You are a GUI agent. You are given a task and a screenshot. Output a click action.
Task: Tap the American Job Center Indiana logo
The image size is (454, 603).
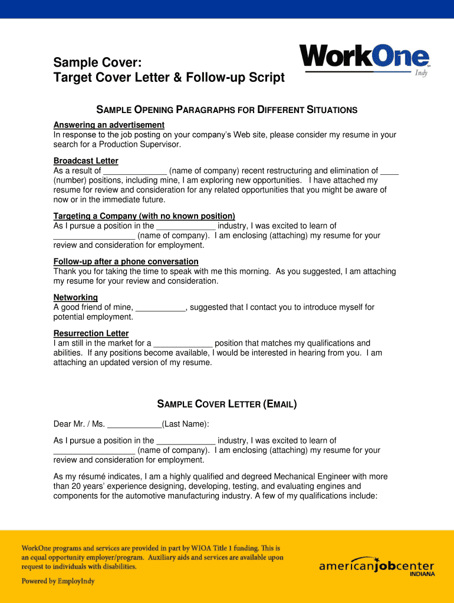(377, 566)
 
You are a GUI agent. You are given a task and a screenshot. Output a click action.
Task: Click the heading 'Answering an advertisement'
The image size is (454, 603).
(108, 125)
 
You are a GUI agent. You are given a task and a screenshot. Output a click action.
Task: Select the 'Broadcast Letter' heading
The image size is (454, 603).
(85, 161)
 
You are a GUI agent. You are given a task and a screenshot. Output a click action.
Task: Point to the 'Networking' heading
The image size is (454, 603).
(75, 297)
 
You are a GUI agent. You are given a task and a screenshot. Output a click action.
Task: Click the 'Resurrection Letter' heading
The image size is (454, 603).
(91, 333)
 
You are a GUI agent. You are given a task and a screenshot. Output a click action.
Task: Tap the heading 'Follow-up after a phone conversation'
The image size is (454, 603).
(126, 261)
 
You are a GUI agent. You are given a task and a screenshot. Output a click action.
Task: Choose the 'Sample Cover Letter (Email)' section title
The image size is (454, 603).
(227, 404)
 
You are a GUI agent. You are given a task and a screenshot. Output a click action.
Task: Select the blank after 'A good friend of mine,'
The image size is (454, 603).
(160, 307)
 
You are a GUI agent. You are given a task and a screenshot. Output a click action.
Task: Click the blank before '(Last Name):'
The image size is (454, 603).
(134, 424)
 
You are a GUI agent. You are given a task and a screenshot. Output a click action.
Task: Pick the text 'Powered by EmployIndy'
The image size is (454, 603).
(58, 581)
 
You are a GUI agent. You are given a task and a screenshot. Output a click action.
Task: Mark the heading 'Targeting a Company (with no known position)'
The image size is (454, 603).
(144, 216)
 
